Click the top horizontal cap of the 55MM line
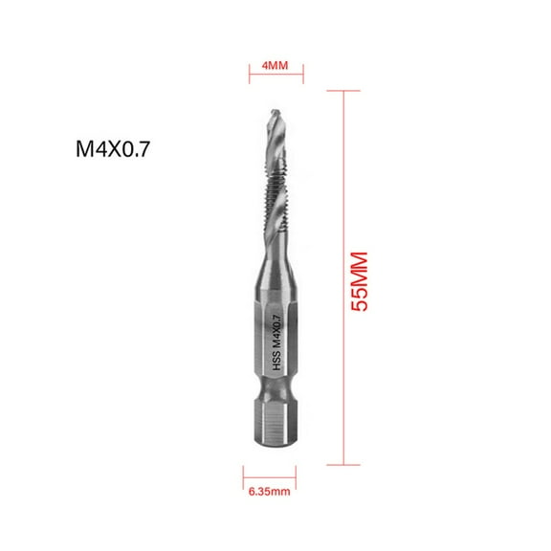(x=343, y=89)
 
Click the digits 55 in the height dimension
(x=361, y=299)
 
